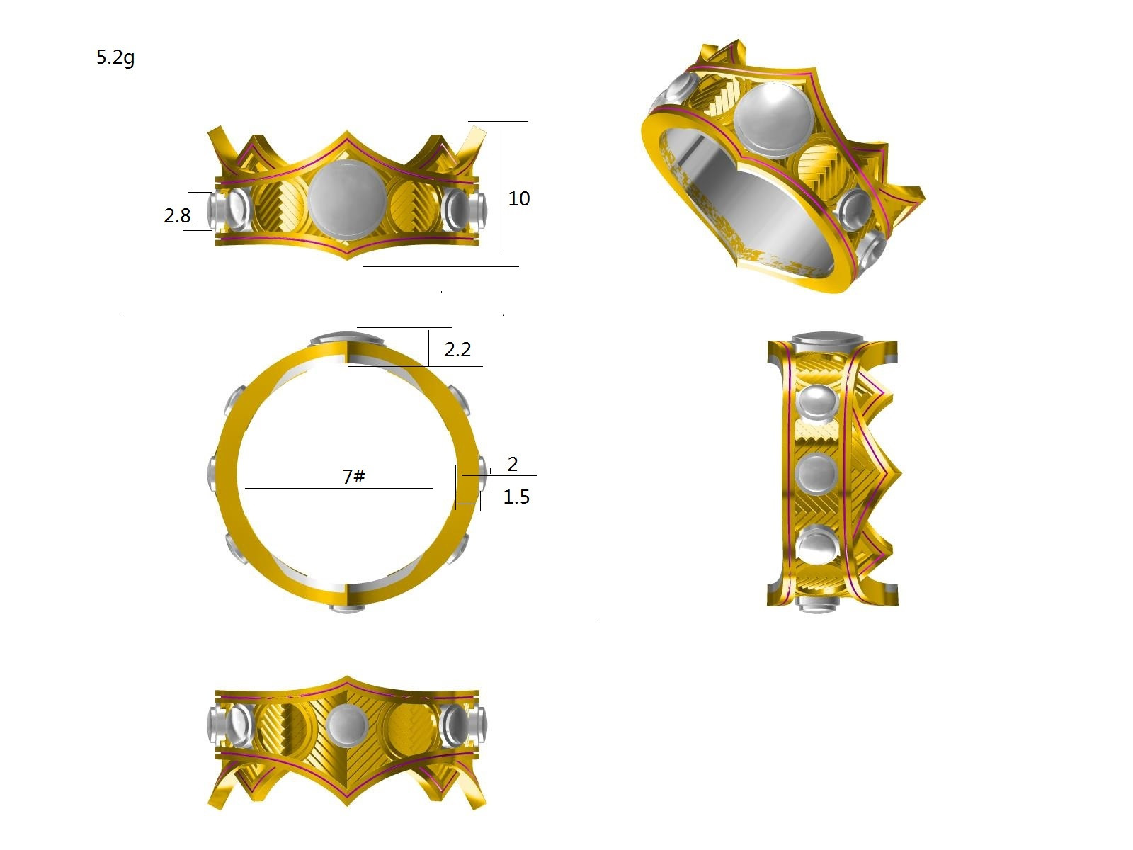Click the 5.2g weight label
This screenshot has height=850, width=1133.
click(x=115, y=57)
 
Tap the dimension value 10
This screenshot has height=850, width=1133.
click(x=519, y=199)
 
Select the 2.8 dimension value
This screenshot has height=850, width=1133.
click(x=177, y=216)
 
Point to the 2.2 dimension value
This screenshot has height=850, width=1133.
click(x=457, y=350)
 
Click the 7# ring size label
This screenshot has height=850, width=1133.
click(x=353, y=476)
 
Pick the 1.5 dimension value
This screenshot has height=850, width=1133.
click(x=516, y=497)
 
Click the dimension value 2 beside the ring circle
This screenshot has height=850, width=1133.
click(x=512, y=464)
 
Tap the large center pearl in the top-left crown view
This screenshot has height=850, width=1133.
click(x=347, y=199)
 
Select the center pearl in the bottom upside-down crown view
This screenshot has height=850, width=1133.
click(x=347, y=726)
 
